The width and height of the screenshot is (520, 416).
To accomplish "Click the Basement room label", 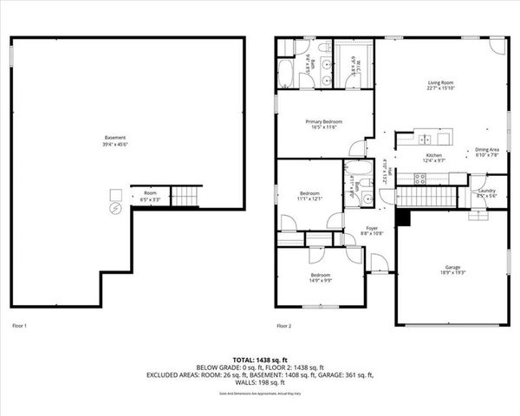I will (x=115, y=140).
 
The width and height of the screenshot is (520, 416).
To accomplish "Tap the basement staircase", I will (x=185, y=197).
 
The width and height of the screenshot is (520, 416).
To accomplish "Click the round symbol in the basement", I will (x=114, y=209).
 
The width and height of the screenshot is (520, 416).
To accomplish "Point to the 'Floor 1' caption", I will (x=19, y=326).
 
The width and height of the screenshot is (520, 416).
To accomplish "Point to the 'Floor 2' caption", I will (x=283, y=326).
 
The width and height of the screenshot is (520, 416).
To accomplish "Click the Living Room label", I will (x=440, y=85).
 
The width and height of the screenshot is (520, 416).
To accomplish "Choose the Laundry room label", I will (x=485, y=193).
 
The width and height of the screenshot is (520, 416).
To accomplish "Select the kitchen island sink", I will (x=423, y=138).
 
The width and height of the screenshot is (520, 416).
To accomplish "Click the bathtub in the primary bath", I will (x=285, y=69).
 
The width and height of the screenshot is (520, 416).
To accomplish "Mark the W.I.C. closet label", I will (x=354, y=64).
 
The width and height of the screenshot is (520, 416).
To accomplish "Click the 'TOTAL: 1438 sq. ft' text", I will (x=260, y=359).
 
